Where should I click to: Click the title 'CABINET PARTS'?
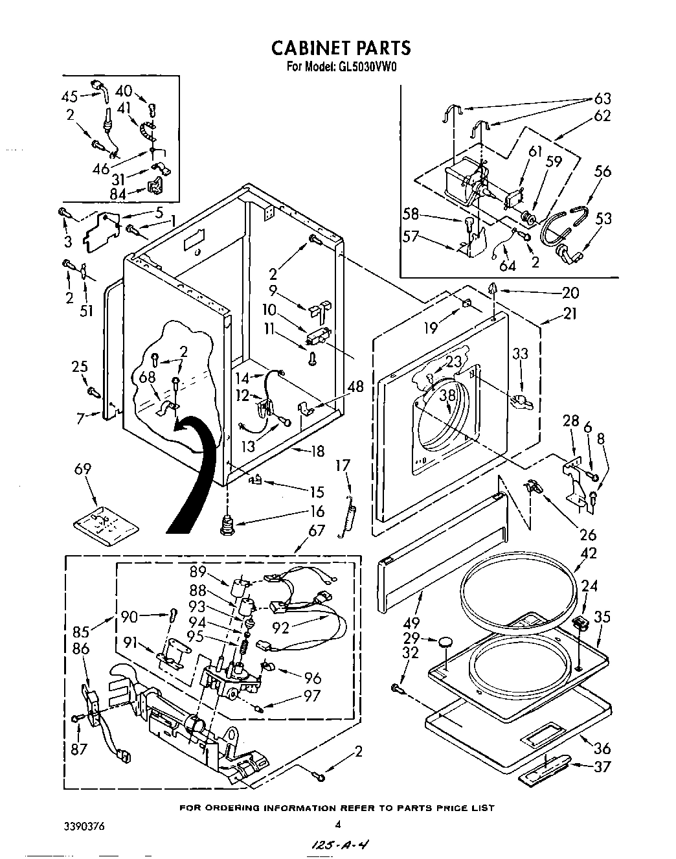point(340,47)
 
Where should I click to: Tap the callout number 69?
point(83,468)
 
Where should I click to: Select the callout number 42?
point(589,553)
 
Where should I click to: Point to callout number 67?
point(316,531)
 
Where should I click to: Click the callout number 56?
point(603,171)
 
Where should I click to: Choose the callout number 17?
point(343,465)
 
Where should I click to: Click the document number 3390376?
point(84,827)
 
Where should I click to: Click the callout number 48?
point(355,387)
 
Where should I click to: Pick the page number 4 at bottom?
point(337,825)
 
